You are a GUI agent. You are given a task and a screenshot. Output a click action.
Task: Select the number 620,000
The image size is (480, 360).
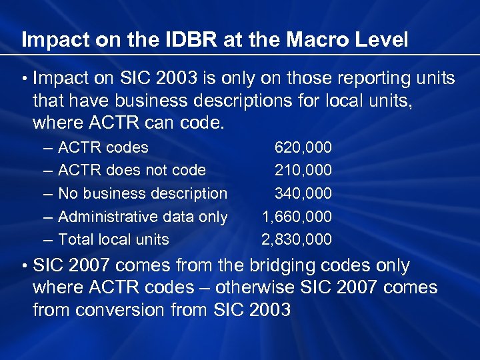[x=303, y=147]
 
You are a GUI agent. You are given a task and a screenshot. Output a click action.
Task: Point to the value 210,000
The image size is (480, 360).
[x=303, y=171]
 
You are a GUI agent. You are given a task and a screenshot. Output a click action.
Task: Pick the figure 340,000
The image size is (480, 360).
[x=303, y=194]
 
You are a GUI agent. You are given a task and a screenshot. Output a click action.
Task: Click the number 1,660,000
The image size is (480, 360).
[x=297, y=217]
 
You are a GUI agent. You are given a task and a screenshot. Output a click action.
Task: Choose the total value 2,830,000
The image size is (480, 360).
[x=297, y=240]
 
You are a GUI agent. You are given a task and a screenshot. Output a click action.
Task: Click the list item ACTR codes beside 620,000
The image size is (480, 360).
[x=103, y=147]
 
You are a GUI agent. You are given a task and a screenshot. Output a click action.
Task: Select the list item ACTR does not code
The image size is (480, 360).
[x=132, y=171]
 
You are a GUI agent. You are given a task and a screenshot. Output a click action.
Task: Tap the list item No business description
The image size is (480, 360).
[x=143, y=194]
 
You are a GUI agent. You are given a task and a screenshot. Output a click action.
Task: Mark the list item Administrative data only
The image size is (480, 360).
[x=143, y=217]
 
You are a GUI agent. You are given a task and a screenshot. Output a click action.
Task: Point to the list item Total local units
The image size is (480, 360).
[x=114, y=240]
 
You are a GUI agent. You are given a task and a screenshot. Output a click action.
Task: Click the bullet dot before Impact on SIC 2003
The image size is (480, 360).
[x=24, y=79]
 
